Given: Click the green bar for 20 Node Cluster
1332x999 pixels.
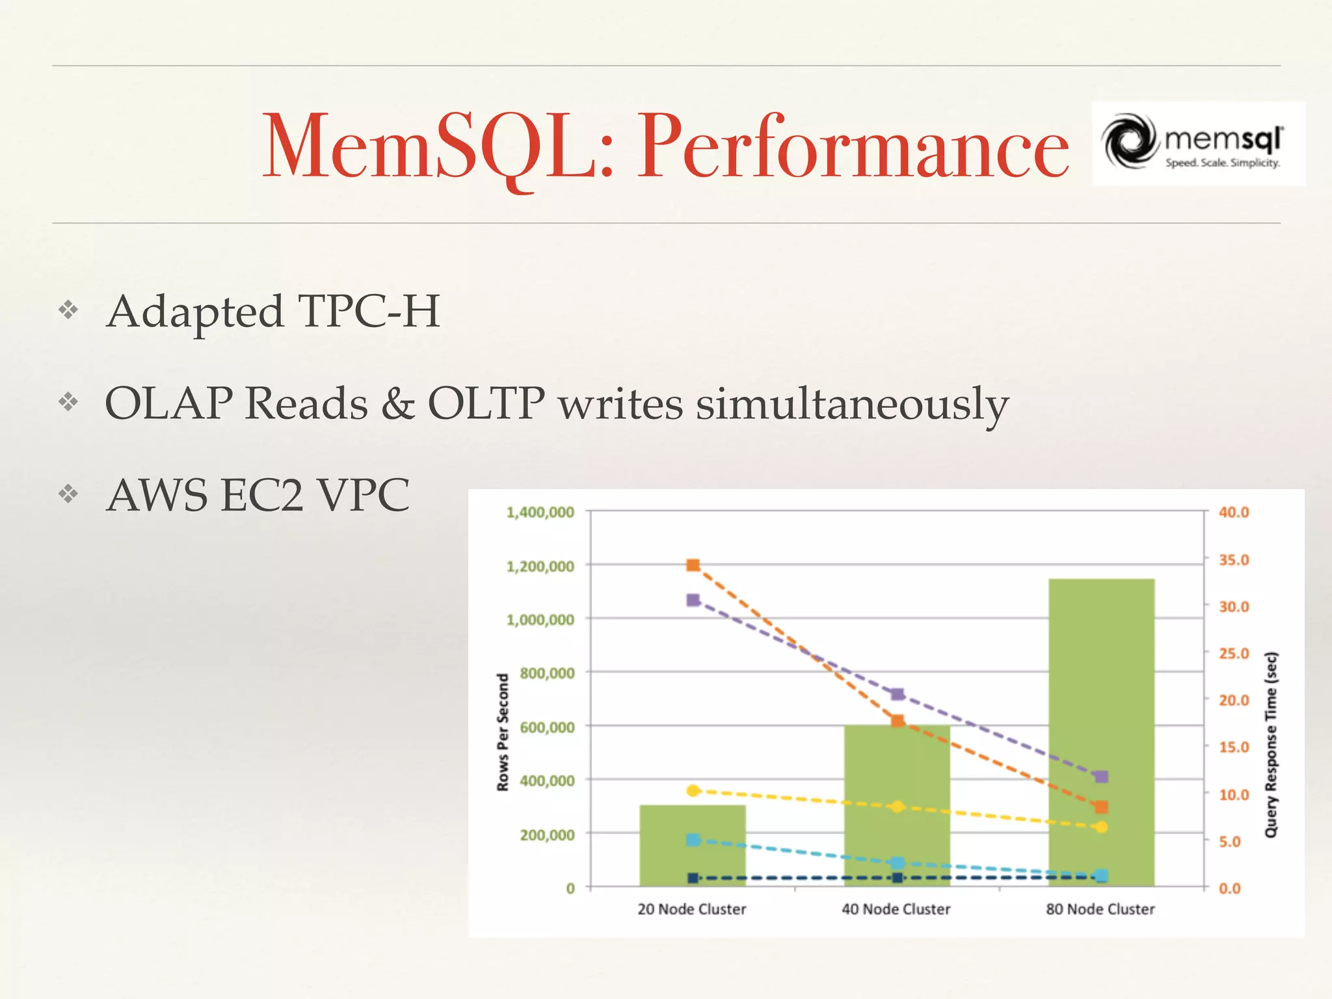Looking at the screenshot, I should click(693, 846).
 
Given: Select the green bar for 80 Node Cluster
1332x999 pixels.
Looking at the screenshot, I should click(1101, 715).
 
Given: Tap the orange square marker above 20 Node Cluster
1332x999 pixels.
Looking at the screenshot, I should click(693, 565).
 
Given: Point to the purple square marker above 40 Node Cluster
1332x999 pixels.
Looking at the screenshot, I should click(898, 695).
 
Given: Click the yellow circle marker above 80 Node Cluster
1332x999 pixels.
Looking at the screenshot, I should click(1101, 827).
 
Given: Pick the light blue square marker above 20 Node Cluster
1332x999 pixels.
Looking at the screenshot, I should click(693, 840).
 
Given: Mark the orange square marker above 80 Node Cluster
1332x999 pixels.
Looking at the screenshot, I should click(1101, 807).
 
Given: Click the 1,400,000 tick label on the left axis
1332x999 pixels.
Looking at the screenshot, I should click(540, 513).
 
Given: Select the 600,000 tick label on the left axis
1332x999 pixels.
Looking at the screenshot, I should click(547, 727).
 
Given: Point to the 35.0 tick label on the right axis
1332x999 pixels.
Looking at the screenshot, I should click(1234, 560).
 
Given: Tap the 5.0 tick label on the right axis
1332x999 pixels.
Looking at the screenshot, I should click(1229, 842).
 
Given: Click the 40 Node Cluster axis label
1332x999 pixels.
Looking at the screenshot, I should click(896, 909).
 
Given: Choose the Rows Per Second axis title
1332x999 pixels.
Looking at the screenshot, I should click(503, 732).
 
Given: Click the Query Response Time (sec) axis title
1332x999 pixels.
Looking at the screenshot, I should click(1271, 745).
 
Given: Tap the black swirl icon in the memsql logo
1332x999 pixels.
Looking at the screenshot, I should click(1128, 141).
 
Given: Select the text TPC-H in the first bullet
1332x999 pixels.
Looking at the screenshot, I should click(369, 311).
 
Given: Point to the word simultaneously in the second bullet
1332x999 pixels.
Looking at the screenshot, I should click(852, 404).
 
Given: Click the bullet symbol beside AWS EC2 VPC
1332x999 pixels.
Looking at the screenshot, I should click(68, 494).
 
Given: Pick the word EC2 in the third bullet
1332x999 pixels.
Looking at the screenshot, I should click(262, 496).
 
